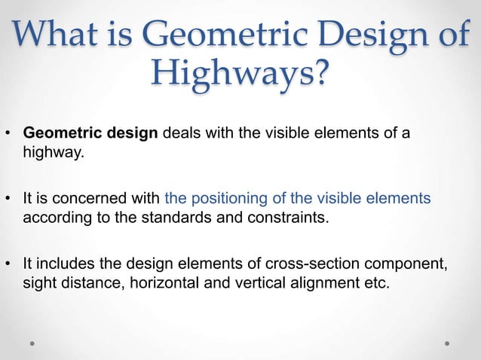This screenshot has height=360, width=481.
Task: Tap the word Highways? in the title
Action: (240, 75)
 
